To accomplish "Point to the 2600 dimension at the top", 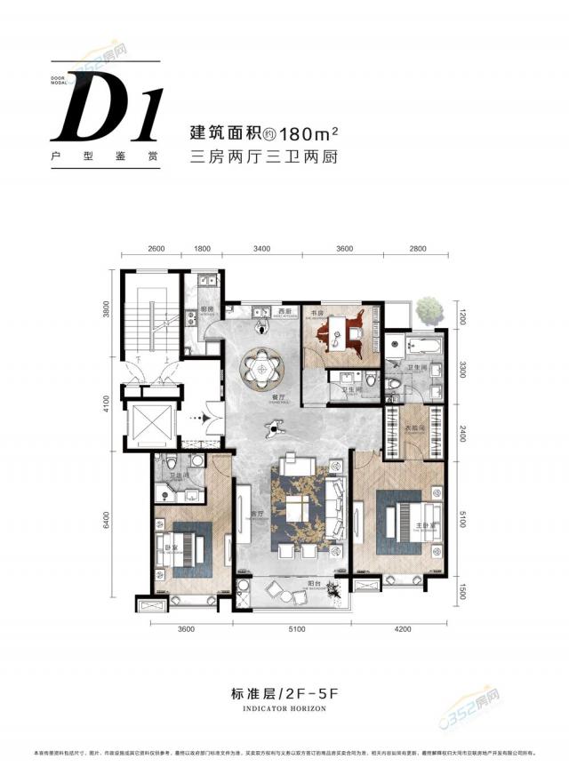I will pos(156,249).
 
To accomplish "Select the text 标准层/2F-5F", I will pos(284,695).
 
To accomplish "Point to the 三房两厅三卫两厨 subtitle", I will pos(266,159).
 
